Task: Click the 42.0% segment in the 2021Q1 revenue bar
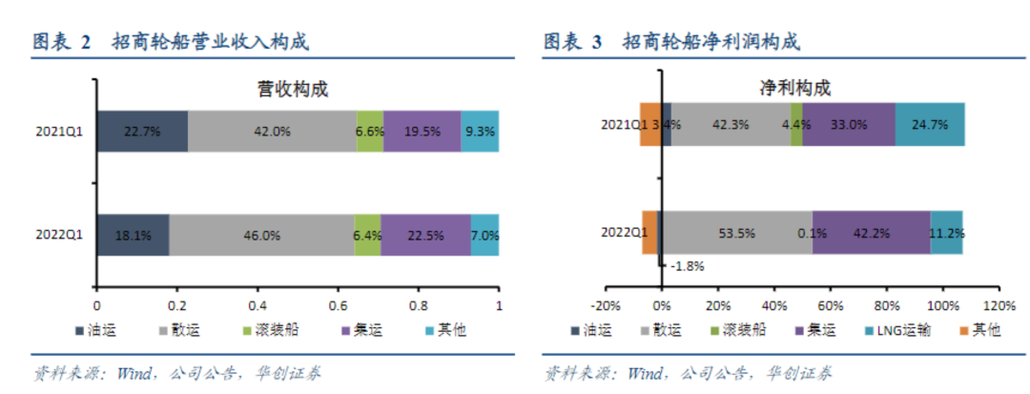pyautogui.click(x=272, y=132)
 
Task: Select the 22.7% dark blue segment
pyautogui.click(x=141, y=132)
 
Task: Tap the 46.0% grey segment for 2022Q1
pyautogui.click(x=261, y=235)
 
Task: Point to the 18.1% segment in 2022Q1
pyautogui.click(x=133, y=235)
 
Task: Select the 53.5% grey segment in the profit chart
pyautogui.click(x=736, y=233)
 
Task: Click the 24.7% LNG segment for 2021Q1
pyautogui.click(x=930, y=124)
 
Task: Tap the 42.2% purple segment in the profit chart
pyautogui.click(x=871, y=233)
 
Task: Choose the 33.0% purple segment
pyautogui.click(x=849, y=124)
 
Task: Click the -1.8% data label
pyautogui.click(x=687, y=266)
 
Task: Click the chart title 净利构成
pyautogui.click(x=794, y=89)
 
